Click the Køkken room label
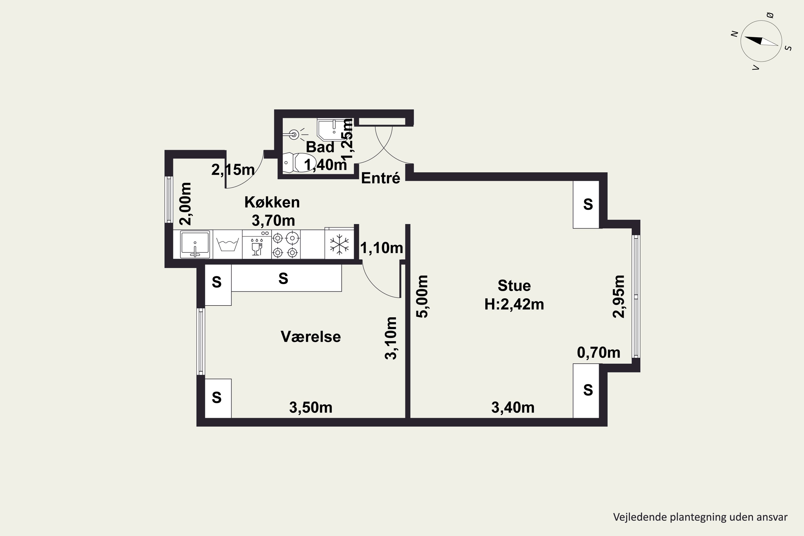pyautogui.click(x=272, y=202)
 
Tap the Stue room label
pyautogui.click(x=514, y=285)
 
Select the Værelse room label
pyautogui.click(x=311, y=337)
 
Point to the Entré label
pyautogui.click(x=381, y=178)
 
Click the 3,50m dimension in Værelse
pyautogui.click(x=311, y=407)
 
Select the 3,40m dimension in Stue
pyautogui.click(x=513, y=407)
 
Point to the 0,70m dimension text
pyautogui.click(x=598, y=352)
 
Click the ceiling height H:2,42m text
pyautogui.click(x=514, y=304)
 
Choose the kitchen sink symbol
pyautogui.click(x=195, y=244)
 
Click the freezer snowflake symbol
pyautogui.click(x=339, y=244)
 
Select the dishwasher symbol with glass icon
pyautogui.click(x=257, y=244)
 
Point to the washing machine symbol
pyautogui.click(x=228, y=244)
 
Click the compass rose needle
pyautogui.click(x=761, y=41)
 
